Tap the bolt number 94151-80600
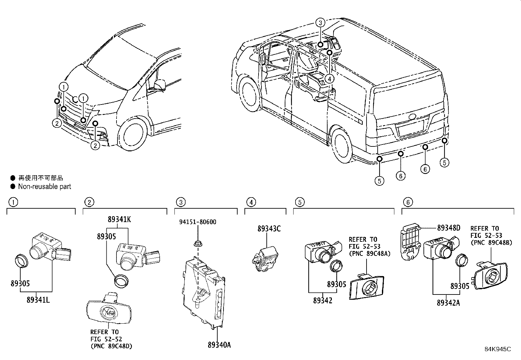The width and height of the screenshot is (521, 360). pyautogui.click(x=197, y=222)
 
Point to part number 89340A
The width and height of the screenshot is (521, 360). pyautogui.click(x=219, y=345)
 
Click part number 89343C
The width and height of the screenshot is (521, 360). pyautogui.click(x=269, y=229)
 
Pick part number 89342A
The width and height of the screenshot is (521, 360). pyautogui.click(x=448, y=303)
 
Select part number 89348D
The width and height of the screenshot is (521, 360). pyautogui.click(x=449, y=228)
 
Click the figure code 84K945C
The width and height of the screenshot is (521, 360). pyautogui.click(x=497, y=349)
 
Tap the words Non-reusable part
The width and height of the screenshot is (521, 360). pyautogui.click(x=45, y=187)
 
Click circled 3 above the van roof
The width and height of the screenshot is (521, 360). pyautogui.click(x=320, y=23)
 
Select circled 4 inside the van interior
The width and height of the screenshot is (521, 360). pyautogui.click(x=329, y=79)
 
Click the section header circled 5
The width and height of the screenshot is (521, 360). pyautogui.click(x=299, y=202)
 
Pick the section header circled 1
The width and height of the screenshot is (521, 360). pyautogui.click(x=13, y=202)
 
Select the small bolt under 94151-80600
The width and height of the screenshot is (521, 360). pyautogui.click(x=197, y=243)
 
